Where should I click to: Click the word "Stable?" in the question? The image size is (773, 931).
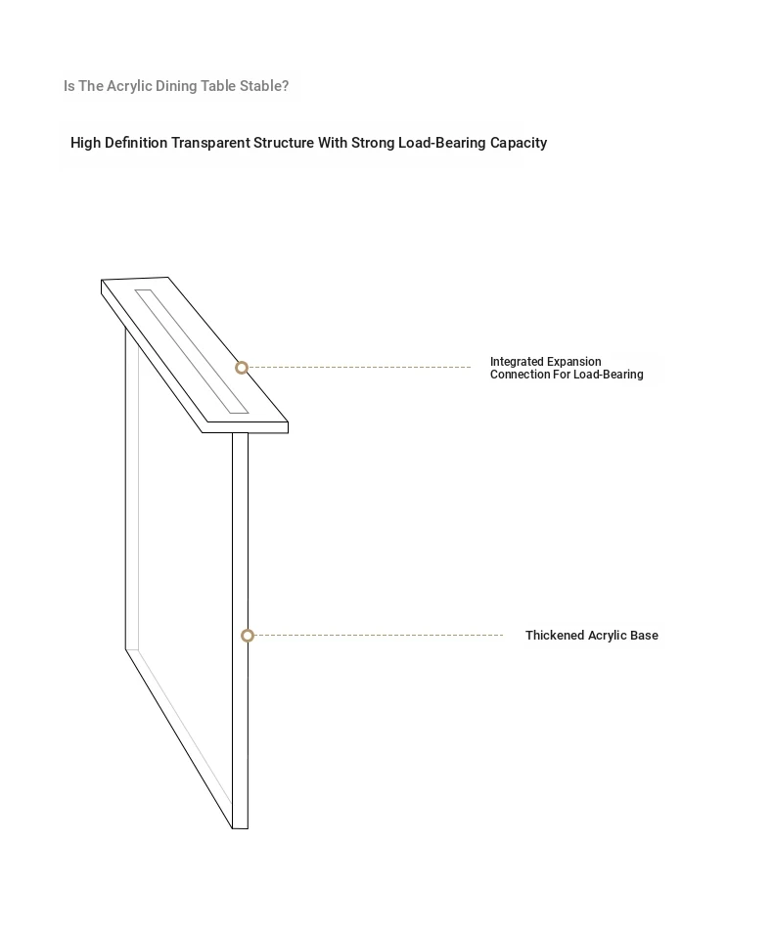click(x=264, y=86)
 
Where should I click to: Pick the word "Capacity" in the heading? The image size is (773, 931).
click(x=519, y=143)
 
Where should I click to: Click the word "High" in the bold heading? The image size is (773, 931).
click(x=85, y=143)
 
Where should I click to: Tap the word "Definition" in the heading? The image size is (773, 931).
click(x=136, y=143)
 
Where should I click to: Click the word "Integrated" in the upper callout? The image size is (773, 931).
click(x=517, y=362)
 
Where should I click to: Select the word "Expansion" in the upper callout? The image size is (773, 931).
click(x=573, y=362)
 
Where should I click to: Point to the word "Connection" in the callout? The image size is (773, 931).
click(x=519, y=375)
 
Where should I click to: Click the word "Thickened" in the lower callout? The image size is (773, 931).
click(x=554, y=636)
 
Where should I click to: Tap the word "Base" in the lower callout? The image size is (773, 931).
click(x=644, y=636)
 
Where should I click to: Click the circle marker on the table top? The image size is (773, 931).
click(x=242, y=368)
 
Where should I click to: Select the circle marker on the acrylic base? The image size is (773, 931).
click(x=248, y=636)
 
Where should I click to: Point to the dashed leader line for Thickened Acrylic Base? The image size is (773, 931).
click(x=382, y=636)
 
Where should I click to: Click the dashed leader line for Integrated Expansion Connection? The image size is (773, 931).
click(x=362, y=368)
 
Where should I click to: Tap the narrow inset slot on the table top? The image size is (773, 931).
click(x=192, y=352)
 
